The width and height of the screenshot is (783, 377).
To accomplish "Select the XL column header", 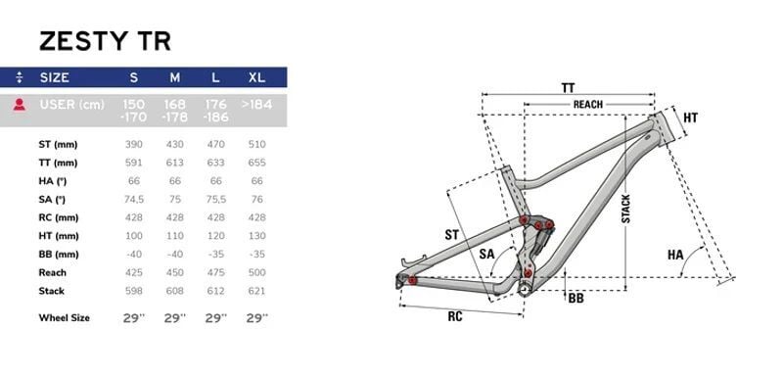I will (x=256, y=77).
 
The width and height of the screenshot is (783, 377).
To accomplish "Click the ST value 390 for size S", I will (x=134, y=144).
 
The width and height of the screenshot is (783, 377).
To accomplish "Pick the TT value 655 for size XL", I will (x=257, y=163).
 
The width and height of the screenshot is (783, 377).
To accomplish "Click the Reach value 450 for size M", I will (x=175, y=272).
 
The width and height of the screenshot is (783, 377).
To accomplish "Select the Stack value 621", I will (x=257, y=290).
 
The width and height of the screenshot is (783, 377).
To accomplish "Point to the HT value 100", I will (x=134, y=235).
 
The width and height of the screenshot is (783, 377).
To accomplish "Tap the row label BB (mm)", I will (x=59, y=254).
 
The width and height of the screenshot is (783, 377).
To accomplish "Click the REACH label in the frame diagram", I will (x=587, y=104).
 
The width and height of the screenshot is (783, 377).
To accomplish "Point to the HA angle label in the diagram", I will (x=675, y=255).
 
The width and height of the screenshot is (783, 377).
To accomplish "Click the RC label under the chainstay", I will (x=455, y=316).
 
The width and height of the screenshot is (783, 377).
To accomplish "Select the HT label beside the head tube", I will (x=690, y=118).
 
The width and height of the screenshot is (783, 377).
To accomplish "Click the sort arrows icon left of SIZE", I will (x=20, y=77).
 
